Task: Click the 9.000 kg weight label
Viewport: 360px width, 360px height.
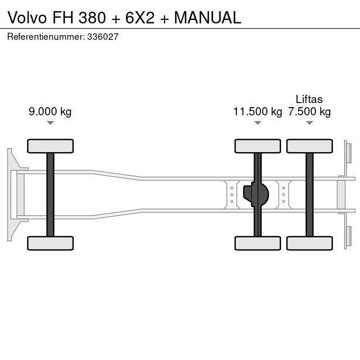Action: (x=50, y=112)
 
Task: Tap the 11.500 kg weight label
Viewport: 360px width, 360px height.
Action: (x=258, y=112)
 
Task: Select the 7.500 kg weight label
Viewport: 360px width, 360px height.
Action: (x=309, y=112)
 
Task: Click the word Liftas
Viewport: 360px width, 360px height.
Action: (x=309, y=99)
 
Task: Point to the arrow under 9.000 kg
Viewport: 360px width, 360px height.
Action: (x=50, y=123)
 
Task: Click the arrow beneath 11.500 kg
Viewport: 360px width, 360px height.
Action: (x=258, y=123)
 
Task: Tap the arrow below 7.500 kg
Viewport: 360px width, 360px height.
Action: (x=309, y=123)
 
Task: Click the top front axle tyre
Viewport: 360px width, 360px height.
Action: (x=50, y=146)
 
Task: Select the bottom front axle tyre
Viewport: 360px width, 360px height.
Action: (x=50, y=243)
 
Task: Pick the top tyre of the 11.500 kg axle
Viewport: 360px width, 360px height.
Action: (x=258, y=146)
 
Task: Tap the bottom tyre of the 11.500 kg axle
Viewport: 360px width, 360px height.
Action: (x=258, y=243)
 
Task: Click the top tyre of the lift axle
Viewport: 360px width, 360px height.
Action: (x=309, y=146)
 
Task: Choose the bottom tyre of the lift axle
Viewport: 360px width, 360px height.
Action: (x=309, y=243)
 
